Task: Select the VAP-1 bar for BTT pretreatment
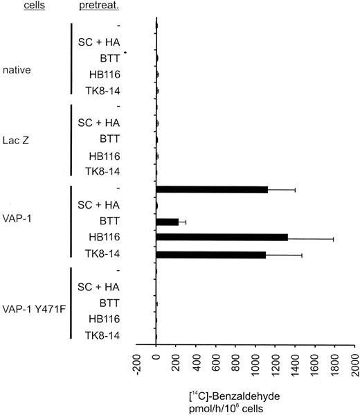(168, 222)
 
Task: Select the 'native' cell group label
(17, 69)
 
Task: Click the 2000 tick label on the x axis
(354, 361)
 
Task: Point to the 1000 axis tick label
(255, 361)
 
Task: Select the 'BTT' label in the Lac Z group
(110, 139)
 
